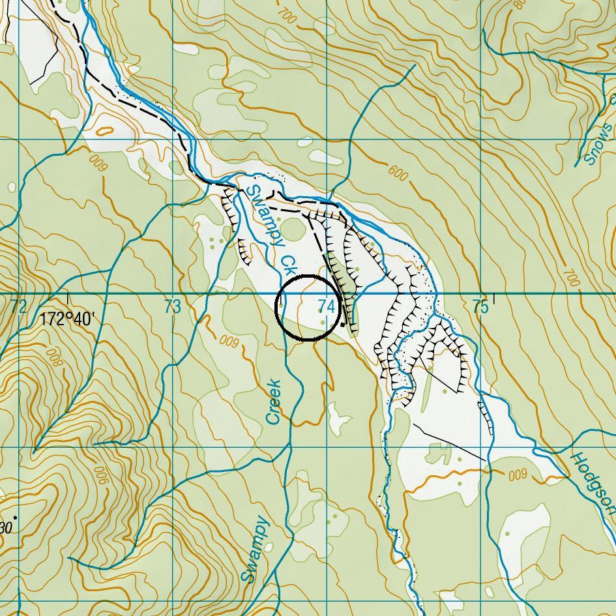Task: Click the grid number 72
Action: (x=19, y=306)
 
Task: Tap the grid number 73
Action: (x=172, y=307)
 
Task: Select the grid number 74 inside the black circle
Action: (x=327, y=306)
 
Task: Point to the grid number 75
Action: (x=480, y=306)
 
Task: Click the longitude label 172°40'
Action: (x=67, y=319)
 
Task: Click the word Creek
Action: (x=274, y=402)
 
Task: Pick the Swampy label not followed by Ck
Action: (x=254, y=549)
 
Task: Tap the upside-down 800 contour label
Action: (x=53, y=358)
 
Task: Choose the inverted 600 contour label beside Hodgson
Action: (x=517, y=475)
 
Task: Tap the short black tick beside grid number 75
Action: (x=494, y=299)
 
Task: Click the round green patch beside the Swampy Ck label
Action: (x=293, y=229)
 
